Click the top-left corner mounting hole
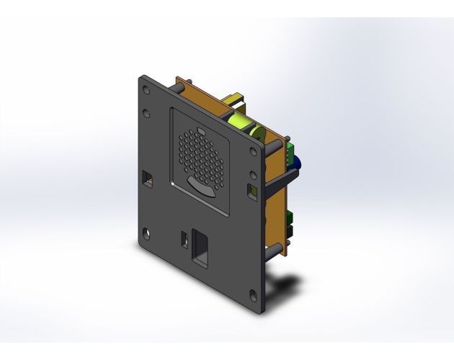pyautogui.click(x=147, y=91)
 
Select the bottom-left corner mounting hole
pyautogui.click(x=146, y=232)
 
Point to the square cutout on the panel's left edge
pyautogui.click(x=148, y=176)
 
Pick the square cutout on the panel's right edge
pyautogui.click(x=252, y=192)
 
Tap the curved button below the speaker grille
pyautogui.click(x=202, y=187)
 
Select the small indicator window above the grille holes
pyautogui.click(x=201, y=132)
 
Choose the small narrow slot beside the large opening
pyautogui.click(x=183, y=238)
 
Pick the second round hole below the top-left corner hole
pyautogui.click(x=147, y=113)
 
